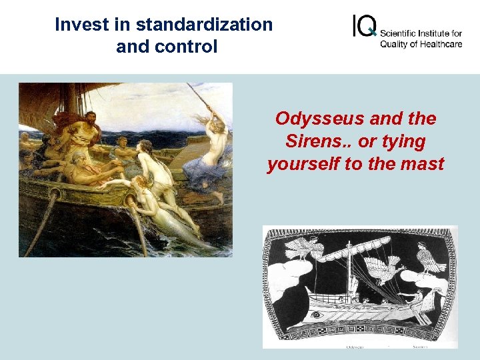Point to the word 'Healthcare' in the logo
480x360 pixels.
[439, 44]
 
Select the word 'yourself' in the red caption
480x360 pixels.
[303, 164]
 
